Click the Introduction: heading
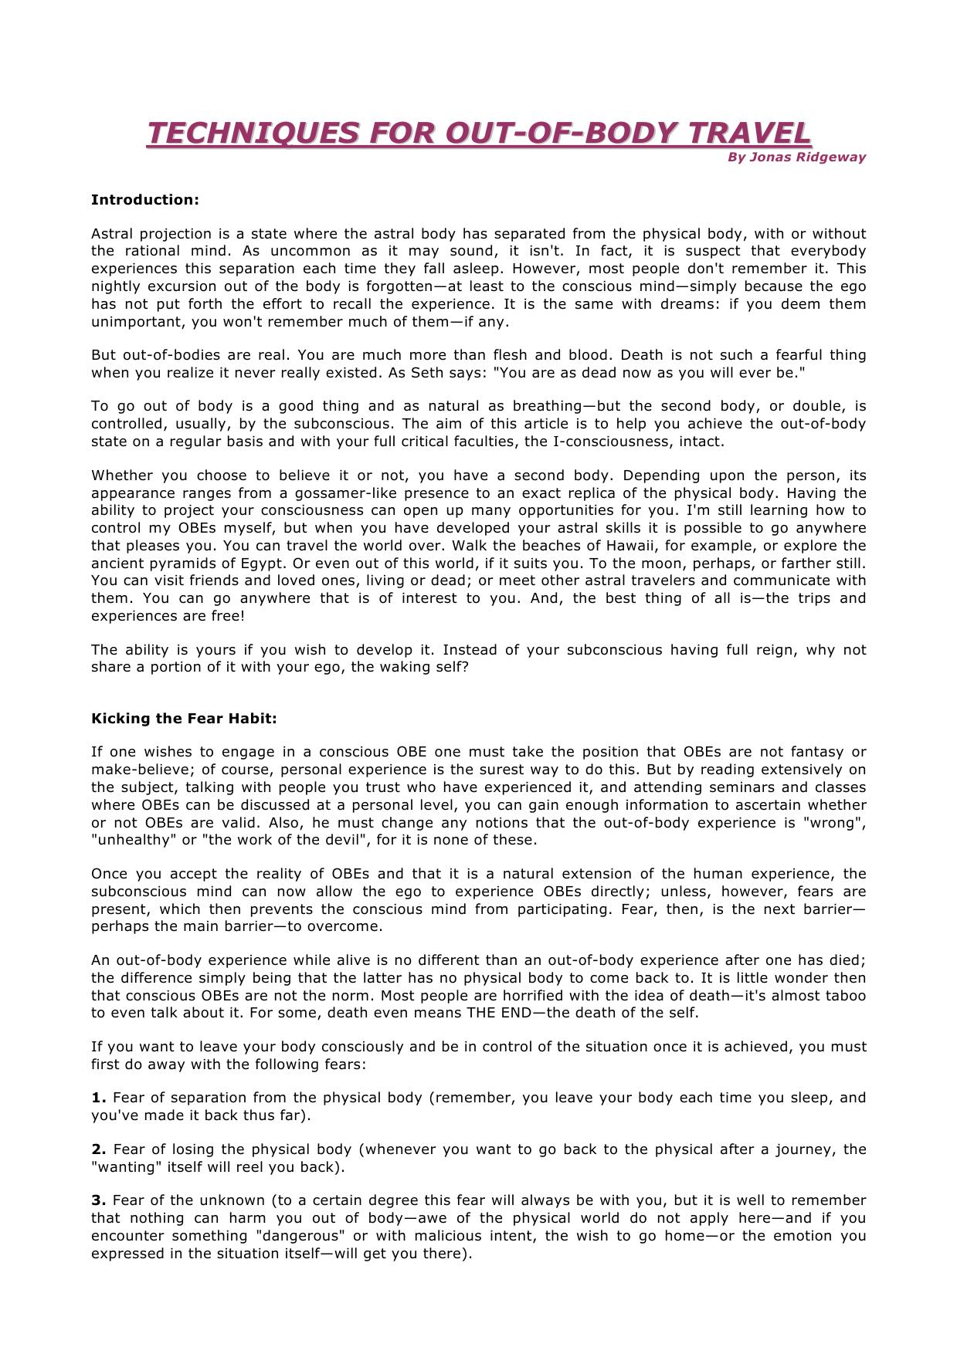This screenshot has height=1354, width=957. pos(145,200)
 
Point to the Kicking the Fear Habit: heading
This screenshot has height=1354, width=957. pos(184,719)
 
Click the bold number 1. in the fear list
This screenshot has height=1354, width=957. pos(98,1098)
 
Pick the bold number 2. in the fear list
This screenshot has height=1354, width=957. pos(98,1149)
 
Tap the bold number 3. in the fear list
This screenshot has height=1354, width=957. pos(98,1200)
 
